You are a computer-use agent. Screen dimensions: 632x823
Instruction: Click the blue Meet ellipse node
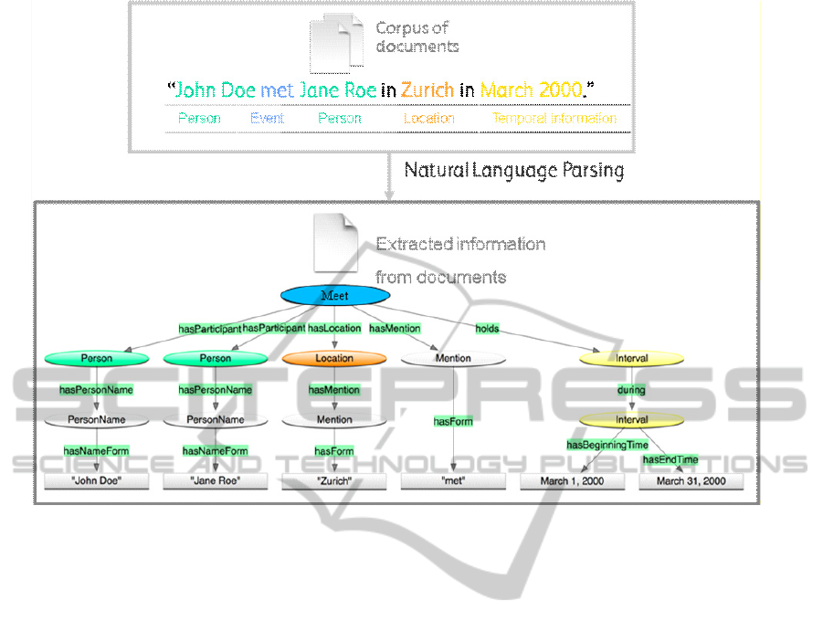click(x=334, y=295)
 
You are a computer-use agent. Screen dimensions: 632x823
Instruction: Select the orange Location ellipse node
click(x=334, y=359)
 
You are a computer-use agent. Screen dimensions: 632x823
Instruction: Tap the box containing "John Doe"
click(x=97, y=480)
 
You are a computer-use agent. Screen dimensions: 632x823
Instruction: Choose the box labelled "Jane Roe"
click(x=216, y=480)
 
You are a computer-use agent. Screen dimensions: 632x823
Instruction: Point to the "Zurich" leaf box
click(x=333, y=480)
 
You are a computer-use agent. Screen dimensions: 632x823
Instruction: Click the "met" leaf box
click(x=453, y=480)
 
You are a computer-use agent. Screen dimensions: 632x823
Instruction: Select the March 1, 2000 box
click(x=573, y=480)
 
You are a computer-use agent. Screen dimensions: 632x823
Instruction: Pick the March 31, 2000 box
click(x=691, y=480)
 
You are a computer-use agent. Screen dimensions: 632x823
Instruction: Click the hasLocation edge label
click(x=334, y=328)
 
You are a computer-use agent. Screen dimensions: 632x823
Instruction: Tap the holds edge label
click(x=487, y=328)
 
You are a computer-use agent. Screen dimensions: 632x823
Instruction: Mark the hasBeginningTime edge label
click(x=607, y=445)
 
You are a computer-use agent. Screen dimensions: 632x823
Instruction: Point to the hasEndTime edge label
click(x=670, y=459)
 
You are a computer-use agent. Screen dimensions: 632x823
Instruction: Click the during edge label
click(x=631, y=390)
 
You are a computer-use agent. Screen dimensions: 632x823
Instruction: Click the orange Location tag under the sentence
click(x=429, y=118)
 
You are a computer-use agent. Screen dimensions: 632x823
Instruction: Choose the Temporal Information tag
click(x=554, y=118)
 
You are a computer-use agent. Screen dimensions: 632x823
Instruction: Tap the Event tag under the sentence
click(x=268, y=118)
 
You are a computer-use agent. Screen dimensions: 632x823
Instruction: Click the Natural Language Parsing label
click(x=514, y=170)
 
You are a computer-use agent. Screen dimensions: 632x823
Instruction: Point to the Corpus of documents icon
click(x=335, y=44)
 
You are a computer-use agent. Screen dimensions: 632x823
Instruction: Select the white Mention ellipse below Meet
click(x=453, y=359)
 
